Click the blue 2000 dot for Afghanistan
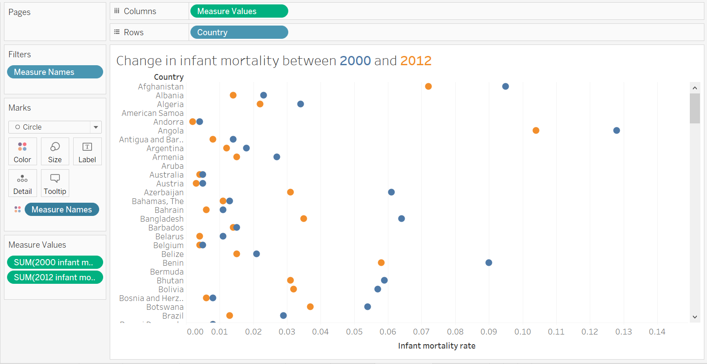coord(506,86)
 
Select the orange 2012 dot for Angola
coord(536,130)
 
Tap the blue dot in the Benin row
coord(489,263)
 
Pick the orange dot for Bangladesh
coord(304,219)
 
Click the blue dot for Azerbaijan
coord(391,192)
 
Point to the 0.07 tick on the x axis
coord(421,332)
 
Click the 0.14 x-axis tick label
coord(657,332)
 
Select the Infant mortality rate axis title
coord(436,346)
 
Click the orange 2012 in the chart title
coord(416,61)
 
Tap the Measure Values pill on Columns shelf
coord(239,11)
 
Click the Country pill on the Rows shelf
coord(239,33)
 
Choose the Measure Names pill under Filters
coord(55,72)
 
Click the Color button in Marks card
coord(22,152)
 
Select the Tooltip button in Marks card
coord(55,183)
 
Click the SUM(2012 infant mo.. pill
coord(55,278)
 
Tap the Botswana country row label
coord(165,307)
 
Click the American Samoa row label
coord(153,113)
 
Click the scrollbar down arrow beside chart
coord(695,317)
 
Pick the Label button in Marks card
coord(87,152)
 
